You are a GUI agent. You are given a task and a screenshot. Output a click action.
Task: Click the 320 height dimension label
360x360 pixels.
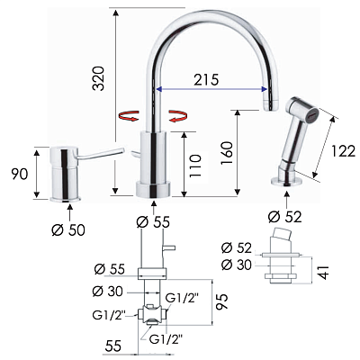point(98,78)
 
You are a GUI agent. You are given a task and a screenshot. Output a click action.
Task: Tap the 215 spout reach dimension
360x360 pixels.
point(206,80)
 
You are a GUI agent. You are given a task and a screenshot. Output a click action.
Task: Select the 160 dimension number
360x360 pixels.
point(227,153)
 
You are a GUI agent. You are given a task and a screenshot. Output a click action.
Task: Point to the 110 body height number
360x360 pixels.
point(195,166)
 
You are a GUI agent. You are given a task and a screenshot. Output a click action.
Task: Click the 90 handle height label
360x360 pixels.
point(20,175)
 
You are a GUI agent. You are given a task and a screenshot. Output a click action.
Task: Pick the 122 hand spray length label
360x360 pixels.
point(344,151)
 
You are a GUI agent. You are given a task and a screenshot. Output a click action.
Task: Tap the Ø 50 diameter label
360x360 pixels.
point(68,230)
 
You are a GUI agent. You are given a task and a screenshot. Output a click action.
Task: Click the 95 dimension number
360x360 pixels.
point(222,301)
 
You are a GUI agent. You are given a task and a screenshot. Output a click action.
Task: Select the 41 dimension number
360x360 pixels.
point(323,273)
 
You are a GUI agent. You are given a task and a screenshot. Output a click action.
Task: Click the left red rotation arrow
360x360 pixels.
point(129,115)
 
